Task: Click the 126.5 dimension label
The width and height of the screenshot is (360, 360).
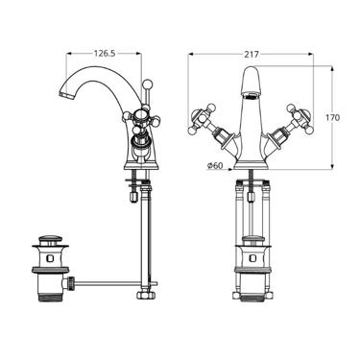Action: pos(104,54)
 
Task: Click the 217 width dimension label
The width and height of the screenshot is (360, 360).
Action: pos(252,55)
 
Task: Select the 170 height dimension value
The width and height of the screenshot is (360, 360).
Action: pos(332,118)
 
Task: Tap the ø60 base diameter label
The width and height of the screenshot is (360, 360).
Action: pos(215,165)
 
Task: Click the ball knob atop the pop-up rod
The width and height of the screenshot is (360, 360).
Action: pos(147,84)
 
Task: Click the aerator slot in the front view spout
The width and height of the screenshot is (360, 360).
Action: pos(251,95)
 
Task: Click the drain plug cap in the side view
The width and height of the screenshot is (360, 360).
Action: pos(50,238)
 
